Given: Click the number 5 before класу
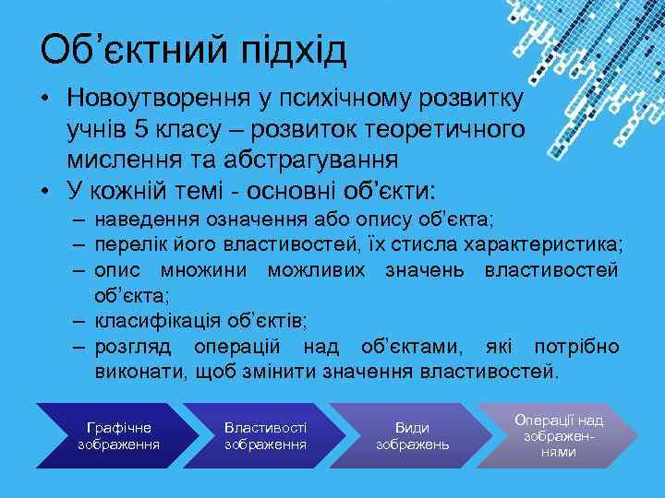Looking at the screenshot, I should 139,128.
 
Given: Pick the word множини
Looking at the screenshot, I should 208,270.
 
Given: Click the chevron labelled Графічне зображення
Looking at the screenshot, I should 118,436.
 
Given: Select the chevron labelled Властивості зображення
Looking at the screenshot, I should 265,436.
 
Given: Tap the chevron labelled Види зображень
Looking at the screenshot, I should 411,436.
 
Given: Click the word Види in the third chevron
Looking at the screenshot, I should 412,428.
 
